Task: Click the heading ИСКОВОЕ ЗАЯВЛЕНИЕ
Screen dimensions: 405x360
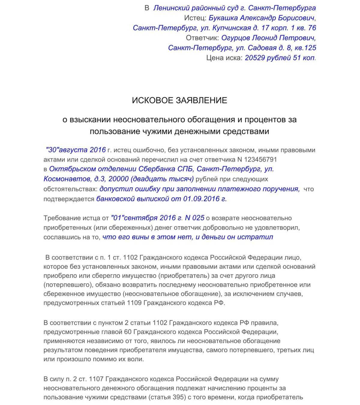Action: (179, 100)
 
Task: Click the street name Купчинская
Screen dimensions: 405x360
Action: (232, 28)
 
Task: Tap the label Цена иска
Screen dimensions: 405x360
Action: (224, 58)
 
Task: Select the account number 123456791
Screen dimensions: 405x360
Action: (260, 159)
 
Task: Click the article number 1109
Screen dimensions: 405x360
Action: (134, 303)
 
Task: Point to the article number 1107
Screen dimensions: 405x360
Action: (96, 379)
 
